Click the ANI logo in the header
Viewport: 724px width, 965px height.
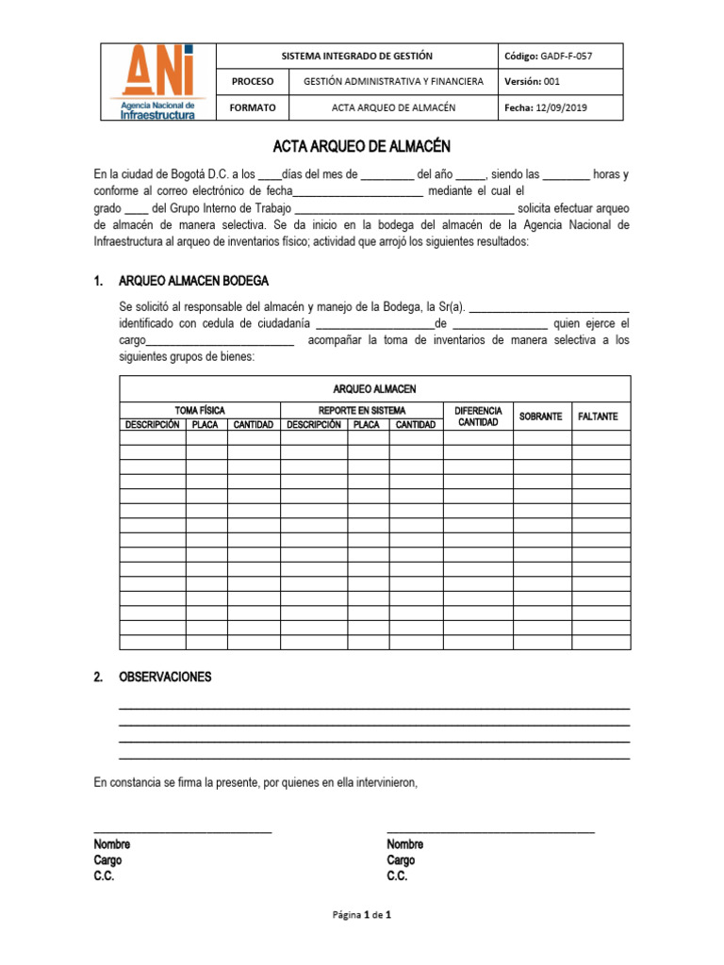[157, 82]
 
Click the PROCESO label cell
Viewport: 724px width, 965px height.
[253, 82]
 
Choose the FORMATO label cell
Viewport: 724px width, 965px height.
[253, 107]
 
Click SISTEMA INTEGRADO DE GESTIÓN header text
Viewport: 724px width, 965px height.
[357, 57]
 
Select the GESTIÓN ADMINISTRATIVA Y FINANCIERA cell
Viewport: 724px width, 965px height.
[393, 82]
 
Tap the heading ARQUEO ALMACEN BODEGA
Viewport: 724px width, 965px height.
[193, 281]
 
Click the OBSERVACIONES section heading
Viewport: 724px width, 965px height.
[165, 678]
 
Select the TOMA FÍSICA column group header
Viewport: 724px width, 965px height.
[200, 411]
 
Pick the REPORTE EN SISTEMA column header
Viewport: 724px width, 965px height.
[362, 411]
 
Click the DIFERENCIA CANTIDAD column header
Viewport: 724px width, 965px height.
[478, 417]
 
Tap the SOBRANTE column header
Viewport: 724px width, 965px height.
[541, 417]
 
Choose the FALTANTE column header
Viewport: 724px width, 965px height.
[600, 417]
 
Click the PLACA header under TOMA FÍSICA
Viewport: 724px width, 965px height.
[206, 425]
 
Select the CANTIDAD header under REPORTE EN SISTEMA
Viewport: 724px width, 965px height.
[416, 425]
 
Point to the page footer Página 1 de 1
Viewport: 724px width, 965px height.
[362, 914]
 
